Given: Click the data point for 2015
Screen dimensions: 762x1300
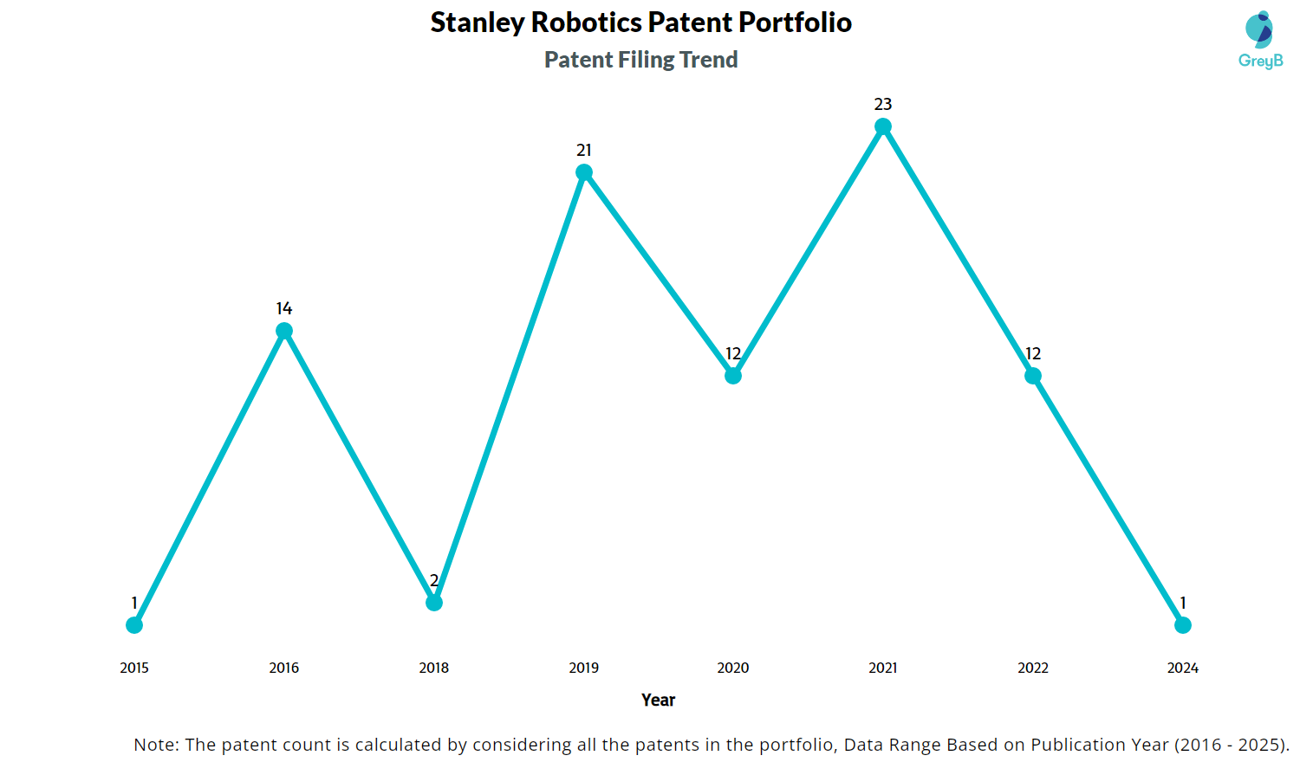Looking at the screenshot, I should (134, 625).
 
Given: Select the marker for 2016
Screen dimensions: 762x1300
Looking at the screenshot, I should (284, 331).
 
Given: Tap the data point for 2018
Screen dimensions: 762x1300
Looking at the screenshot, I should (434, 603).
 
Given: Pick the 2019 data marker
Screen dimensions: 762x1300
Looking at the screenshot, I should (584, 172).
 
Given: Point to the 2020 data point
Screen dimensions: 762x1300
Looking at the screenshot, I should (733, 376).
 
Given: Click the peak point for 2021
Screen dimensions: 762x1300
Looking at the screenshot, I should (883, 127).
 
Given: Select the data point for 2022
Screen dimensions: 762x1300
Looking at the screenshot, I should (1033, 376).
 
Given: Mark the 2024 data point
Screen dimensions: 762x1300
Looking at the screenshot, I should (1183, 625).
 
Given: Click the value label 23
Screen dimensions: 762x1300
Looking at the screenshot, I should (883, 105).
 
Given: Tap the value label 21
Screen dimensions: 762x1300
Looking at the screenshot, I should (584, 151).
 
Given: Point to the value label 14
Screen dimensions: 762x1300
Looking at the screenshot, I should (284, 309).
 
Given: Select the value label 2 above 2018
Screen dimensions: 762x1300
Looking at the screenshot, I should (434, 581).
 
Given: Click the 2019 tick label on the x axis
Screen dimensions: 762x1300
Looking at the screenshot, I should (584, 668).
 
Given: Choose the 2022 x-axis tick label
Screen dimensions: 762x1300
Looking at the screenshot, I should (1033, 668).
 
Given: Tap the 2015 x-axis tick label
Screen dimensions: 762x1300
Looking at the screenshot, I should (134, 668).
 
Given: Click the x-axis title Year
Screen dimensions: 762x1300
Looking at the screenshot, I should (658, 700).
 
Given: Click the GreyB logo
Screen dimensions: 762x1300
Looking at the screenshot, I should (1260, 40).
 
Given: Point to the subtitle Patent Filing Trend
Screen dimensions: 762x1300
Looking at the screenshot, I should (640, 60).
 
